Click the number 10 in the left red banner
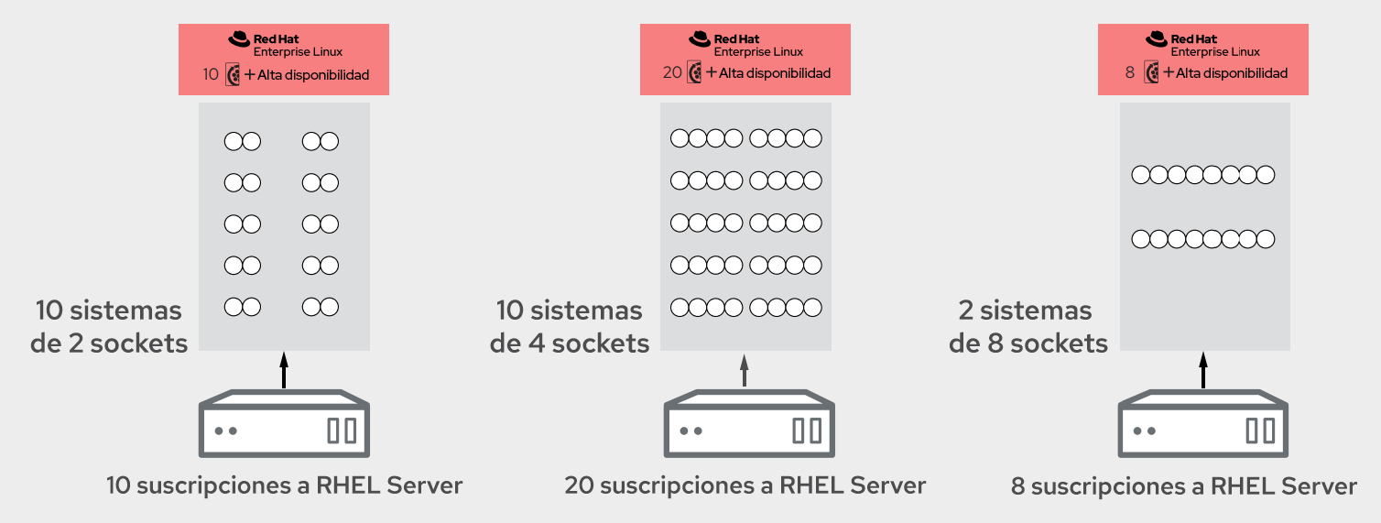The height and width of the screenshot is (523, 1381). (211, 74)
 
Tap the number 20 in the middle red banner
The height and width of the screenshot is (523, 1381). (672, 73)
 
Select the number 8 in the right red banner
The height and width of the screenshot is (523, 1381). (1130, 73)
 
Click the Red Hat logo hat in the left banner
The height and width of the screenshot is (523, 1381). (239, 38)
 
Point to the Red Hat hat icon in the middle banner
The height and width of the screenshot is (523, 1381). (700, 38)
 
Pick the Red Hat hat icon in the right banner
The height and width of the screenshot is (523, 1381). (1158, 38)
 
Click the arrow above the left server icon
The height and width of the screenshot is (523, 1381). (284, 369)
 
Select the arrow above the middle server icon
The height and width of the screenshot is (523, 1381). (745, 369)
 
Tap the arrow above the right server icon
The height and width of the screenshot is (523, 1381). (1203, 369)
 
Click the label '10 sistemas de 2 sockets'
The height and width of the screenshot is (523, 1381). (110, 326)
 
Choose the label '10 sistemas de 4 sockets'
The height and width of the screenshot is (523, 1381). (571, 326)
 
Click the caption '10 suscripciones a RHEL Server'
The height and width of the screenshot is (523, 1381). (285, 485)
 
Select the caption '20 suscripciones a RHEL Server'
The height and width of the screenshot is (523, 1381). (745, 485)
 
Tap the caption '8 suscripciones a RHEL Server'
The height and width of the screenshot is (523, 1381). (1184, 485)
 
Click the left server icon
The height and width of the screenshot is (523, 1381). (284, 423)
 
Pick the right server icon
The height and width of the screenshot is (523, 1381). (1203, 423)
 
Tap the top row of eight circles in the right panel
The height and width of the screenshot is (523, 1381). (1203, 174)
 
